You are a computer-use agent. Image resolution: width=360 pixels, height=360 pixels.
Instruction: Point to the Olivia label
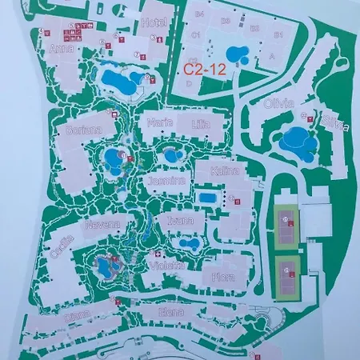(278, 104)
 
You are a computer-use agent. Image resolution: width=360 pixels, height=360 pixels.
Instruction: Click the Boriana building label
(84, 129)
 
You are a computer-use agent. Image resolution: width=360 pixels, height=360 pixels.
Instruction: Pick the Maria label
(160, 122)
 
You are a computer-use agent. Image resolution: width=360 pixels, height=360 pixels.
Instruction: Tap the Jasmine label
(166, 181)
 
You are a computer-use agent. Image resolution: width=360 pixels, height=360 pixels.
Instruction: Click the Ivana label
(181, 221)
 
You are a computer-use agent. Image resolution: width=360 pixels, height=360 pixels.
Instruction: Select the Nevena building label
(104, 225)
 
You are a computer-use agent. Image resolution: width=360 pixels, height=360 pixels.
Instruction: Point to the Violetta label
(167, 265)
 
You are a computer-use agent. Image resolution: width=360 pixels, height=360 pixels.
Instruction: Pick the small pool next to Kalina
(206, 197)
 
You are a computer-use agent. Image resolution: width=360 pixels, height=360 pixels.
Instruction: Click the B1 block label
(279, 35)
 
